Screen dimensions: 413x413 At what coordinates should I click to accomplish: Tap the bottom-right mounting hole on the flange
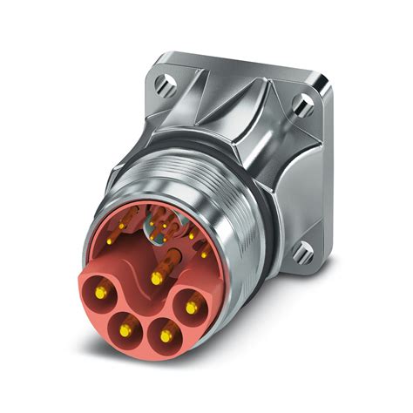point(301,253)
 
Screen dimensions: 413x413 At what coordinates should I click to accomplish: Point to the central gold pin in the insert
point(156,278)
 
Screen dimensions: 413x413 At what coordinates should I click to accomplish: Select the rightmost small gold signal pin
point(203,254)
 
